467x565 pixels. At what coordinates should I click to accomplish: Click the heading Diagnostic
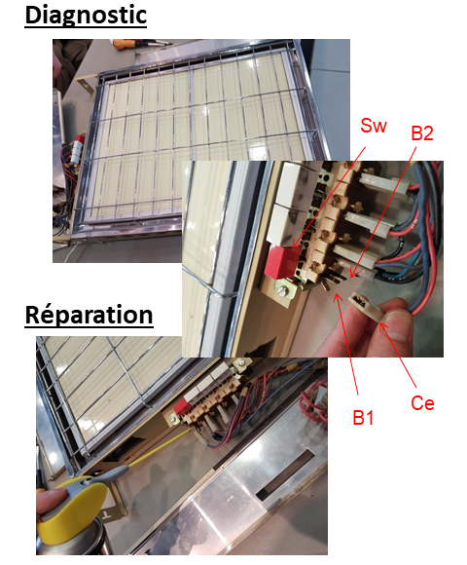(86, 16)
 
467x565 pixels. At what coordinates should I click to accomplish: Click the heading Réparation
(89, 316)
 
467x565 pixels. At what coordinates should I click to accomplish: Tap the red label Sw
(373, 126)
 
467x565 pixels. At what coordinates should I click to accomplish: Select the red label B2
(422, 133)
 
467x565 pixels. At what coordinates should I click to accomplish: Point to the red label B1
(363, 417)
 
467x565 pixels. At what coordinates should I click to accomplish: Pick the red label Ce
(422, 403)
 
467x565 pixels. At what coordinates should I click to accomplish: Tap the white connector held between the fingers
(366, 306)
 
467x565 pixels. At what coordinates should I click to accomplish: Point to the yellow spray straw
(160, 447)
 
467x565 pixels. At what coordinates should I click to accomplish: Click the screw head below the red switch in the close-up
(283, 291)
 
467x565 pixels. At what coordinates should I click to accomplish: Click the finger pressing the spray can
(51, 497)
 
